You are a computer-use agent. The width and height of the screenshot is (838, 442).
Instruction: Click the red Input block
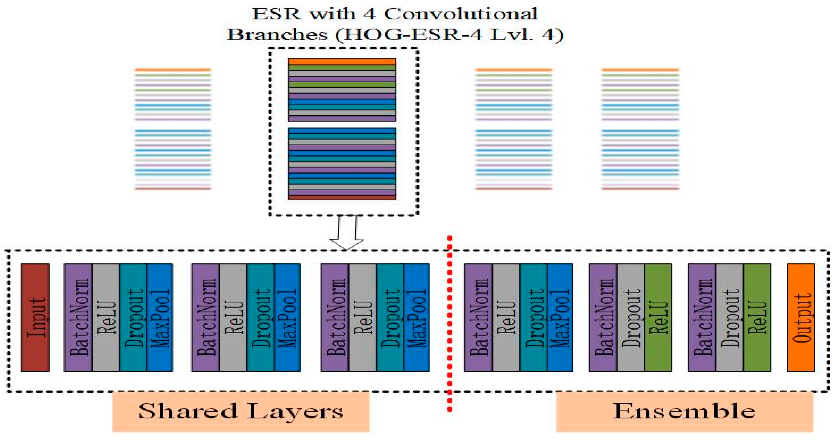coord(35,317)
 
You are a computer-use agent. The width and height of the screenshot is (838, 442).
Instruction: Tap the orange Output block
coord(801,317)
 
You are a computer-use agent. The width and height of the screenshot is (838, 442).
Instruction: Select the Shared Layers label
coord(241,411)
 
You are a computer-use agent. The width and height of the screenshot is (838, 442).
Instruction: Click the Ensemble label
coord(684,411)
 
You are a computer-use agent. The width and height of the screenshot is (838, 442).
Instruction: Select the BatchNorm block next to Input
coord(78,317)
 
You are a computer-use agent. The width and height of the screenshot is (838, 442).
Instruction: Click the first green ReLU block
coord(658,317)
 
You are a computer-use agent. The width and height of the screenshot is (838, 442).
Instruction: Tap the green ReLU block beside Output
coord(757,317)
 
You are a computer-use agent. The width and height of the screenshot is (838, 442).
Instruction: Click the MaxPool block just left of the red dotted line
coord(416,317)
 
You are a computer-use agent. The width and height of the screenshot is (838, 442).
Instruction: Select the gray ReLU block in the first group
coord(106,317)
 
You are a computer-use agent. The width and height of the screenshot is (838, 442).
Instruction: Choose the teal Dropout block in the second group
coord(260,317)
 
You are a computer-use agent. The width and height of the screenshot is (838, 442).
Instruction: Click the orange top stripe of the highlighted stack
coord(342,61)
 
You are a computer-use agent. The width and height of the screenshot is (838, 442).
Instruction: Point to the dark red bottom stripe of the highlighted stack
coord(342,198)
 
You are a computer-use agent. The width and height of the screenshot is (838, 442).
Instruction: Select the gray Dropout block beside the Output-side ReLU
coord(729,317)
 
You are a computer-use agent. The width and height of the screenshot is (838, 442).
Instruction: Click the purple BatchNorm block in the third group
coord(335,317)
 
